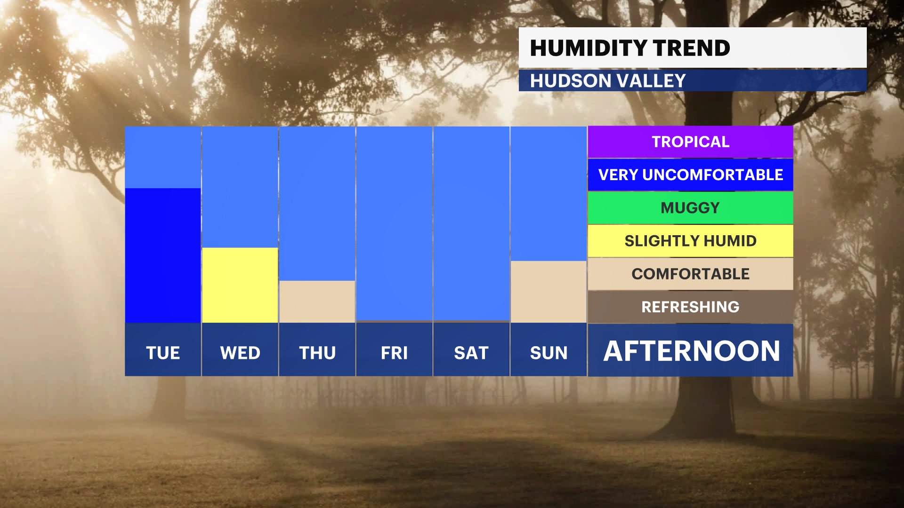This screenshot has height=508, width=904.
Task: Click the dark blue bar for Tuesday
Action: [x=163, y=255]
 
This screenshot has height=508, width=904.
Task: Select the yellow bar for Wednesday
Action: [x=240, y=285]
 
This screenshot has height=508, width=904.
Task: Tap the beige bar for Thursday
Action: [x=317, y=302]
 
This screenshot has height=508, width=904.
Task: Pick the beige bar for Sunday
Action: [x=549, y=292]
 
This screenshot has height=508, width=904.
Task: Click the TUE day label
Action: [x=163, y=353]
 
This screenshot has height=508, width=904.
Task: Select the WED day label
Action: [x=240, y=353]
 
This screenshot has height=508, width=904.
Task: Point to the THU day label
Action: [x=317, y=353]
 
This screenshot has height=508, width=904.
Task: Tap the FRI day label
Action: [x=394, y=353]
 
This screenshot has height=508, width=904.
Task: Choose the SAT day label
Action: [x=471, y=353]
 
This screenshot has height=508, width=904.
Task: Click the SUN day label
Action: [x=549, y=353]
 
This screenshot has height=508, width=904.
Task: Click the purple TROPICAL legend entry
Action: [x=690, y=142]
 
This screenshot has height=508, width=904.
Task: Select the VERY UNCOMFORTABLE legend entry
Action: [x=690, y=175]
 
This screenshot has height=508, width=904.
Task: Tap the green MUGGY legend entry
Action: [x=690, y=207]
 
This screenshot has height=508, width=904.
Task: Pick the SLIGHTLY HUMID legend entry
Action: [x=690, y=241]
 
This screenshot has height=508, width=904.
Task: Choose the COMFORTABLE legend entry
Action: [x=690, y=274]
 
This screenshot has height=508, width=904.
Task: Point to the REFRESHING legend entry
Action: [x=690, y=307]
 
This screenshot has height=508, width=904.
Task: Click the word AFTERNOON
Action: [x=692, y=351]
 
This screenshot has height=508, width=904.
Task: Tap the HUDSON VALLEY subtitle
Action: [x=608, y=81]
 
